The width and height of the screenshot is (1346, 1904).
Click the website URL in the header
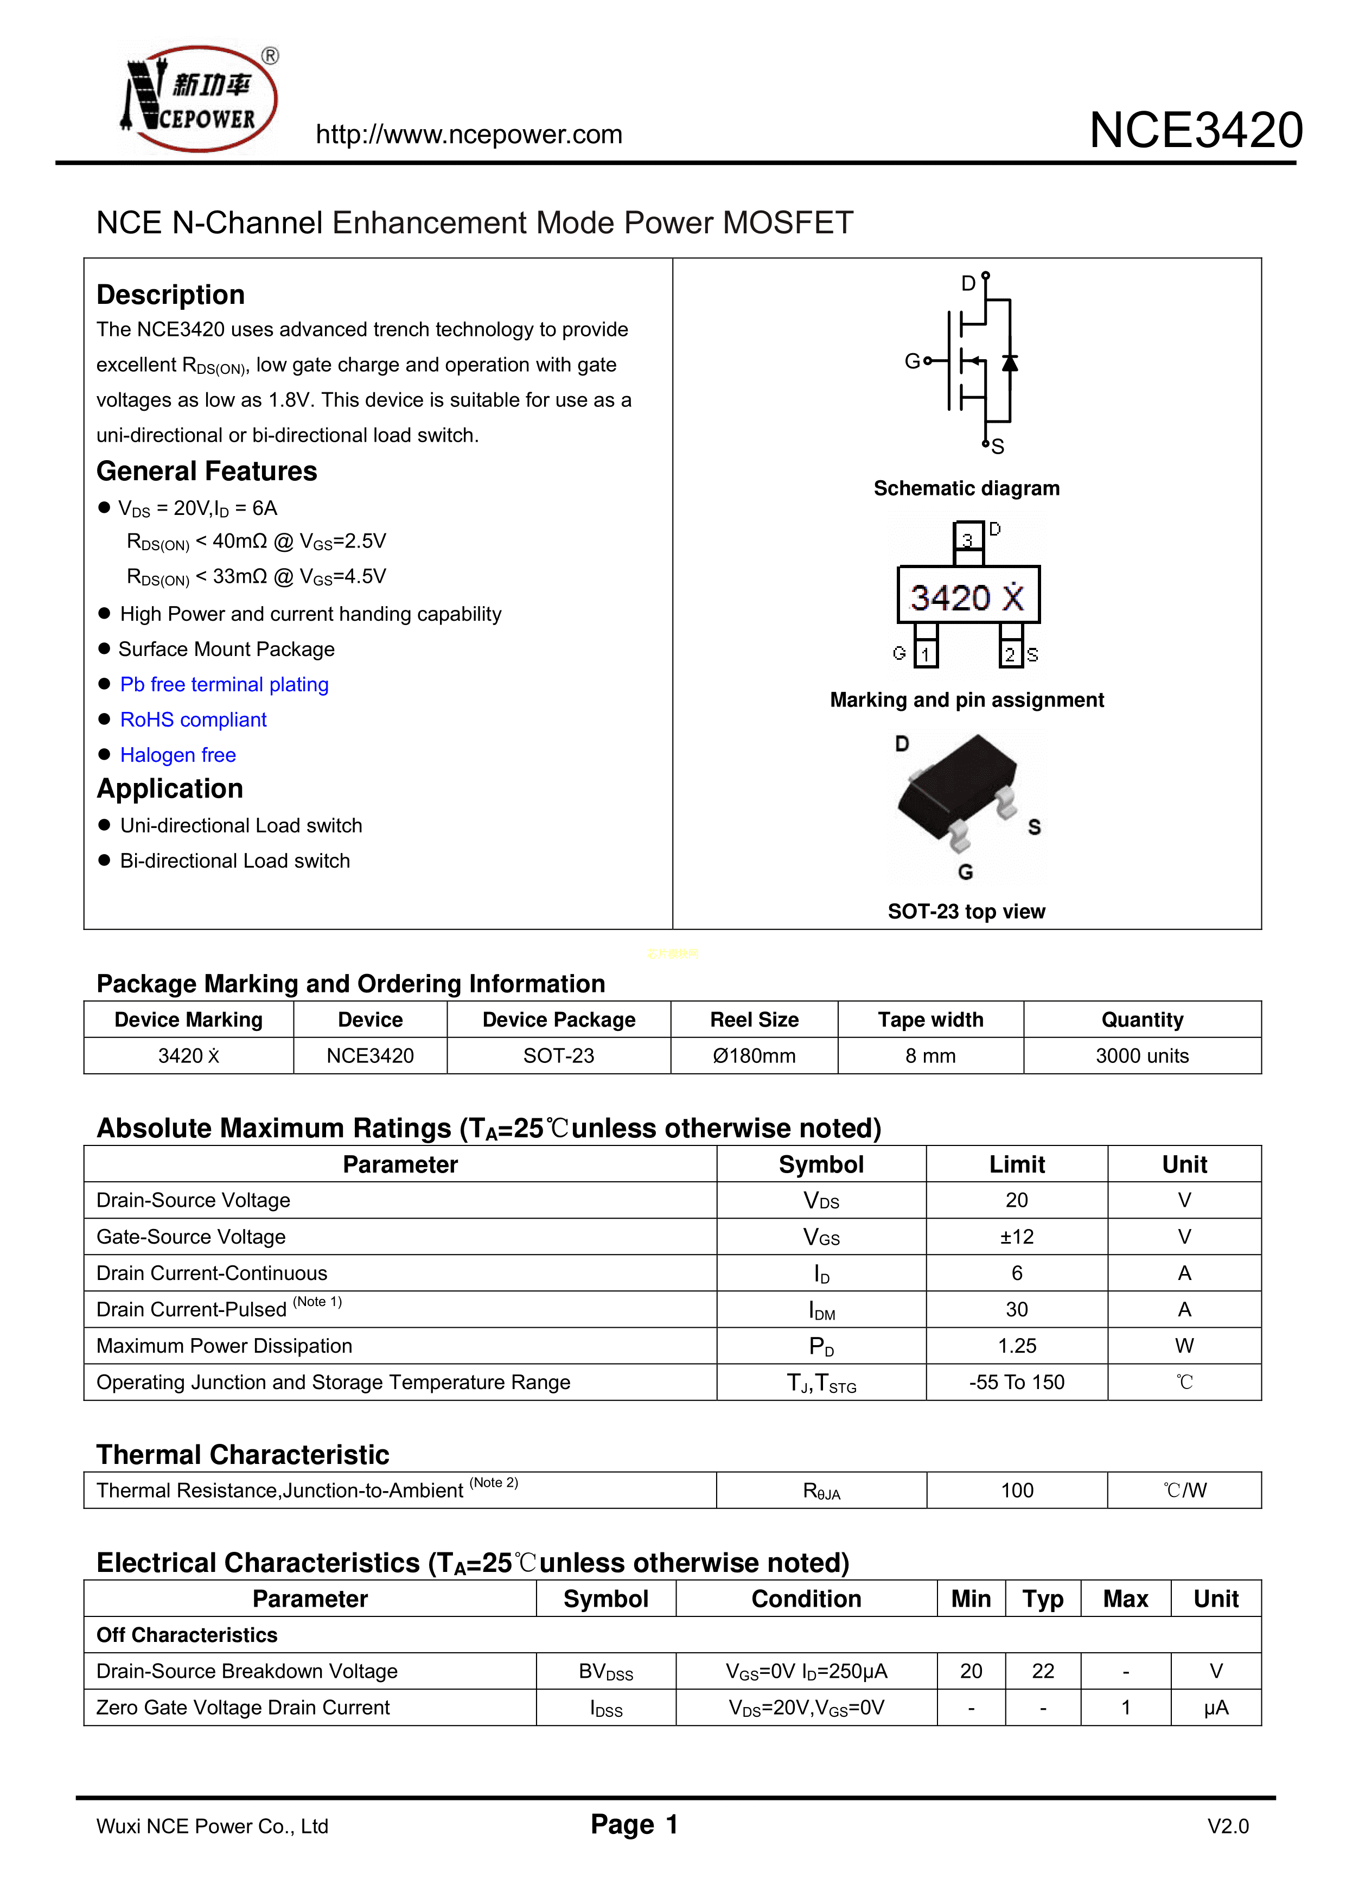click(x=469, y=135)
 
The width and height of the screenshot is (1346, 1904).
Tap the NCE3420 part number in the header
click(x=1195, y=131)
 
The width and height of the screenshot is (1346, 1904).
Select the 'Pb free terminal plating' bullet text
click(x=224, y=684)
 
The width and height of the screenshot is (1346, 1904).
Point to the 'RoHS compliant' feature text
click(x=193, y=720)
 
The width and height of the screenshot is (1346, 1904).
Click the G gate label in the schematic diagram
click(x=911, y=361)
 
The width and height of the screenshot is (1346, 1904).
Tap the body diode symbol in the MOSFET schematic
click(x=1009, y=362)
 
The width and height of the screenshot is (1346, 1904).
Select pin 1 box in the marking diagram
click(x=926, y=654)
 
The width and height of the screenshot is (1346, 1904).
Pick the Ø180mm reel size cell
click(x=754, y=1056)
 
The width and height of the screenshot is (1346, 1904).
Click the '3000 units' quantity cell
click(x=1142, y=1056)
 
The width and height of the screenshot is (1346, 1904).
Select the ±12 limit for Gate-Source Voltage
click(x=1017, y=1237)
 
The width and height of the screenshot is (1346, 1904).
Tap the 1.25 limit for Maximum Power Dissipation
click(x=1017, y=1346)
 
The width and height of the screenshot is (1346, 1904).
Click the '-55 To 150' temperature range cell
click(x=1017, y=1383)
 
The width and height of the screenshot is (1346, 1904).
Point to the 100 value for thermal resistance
click(x=1017, y=1490)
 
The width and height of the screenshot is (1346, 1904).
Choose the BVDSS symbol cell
click(x=605, y=1671)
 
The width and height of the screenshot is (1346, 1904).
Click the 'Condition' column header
click(x=806, y=1599)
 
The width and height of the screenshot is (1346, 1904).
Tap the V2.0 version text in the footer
click(x=1227, y=1826)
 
